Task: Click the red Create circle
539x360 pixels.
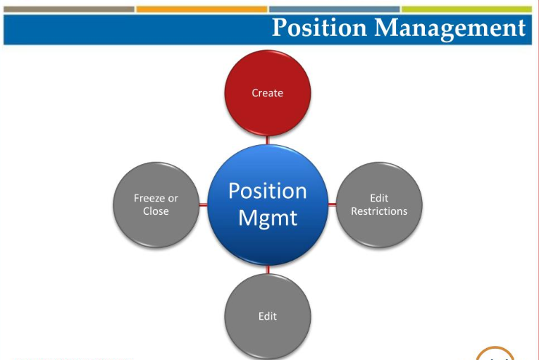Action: (268, 92)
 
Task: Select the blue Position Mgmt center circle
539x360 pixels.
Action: (268, 204)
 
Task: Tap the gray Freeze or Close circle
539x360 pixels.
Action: (156, 204)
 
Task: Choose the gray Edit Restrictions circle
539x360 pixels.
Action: (379, 204)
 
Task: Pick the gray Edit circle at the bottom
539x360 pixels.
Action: (268, 316)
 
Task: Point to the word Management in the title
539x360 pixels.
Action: (450, 28)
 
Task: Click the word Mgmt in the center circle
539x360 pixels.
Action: (268, 217)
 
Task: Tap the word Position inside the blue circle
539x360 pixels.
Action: (268, 191)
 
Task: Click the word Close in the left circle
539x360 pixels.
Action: (156, 211)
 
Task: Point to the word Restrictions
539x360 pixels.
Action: (379, 211)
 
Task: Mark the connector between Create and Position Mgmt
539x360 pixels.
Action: (268, 140)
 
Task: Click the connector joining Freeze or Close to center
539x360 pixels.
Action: (203, 204)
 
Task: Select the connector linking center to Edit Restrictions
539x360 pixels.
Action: (333, 204)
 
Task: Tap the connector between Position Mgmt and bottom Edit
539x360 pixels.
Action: (268, 269)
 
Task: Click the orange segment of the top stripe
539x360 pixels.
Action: (202, 9)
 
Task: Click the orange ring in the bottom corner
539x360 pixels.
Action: (495, 352)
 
